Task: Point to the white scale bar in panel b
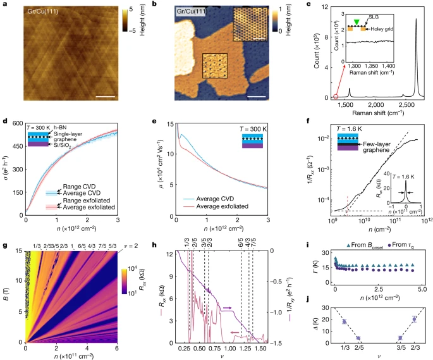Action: (x=257, y=97)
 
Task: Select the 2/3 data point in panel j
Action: (x=414, y=319)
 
